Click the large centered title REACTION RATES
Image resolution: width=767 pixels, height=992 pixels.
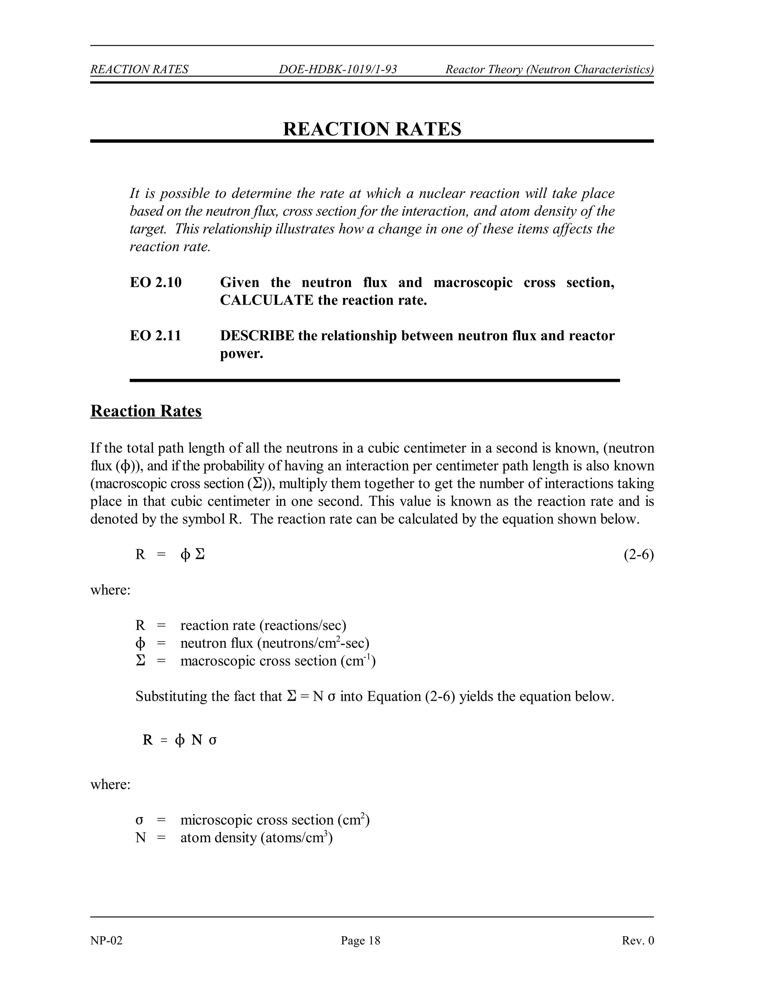(372, 129)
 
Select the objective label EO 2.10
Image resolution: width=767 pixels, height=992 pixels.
(155, 283)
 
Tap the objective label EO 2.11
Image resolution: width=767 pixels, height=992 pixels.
(155, 336)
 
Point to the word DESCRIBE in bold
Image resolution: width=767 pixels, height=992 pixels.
(257, 336)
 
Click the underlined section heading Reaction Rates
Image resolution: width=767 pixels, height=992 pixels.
(146, 411)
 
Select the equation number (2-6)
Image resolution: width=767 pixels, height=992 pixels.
(639, 555)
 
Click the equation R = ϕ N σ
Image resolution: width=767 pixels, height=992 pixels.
(179, 740)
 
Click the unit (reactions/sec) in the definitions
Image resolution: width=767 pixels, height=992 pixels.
(303, 626)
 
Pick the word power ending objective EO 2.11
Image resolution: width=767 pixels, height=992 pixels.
(241, 353)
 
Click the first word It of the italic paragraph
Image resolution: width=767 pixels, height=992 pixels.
(134, 194)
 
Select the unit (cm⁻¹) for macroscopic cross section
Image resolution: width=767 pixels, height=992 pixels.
(358, 661)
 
